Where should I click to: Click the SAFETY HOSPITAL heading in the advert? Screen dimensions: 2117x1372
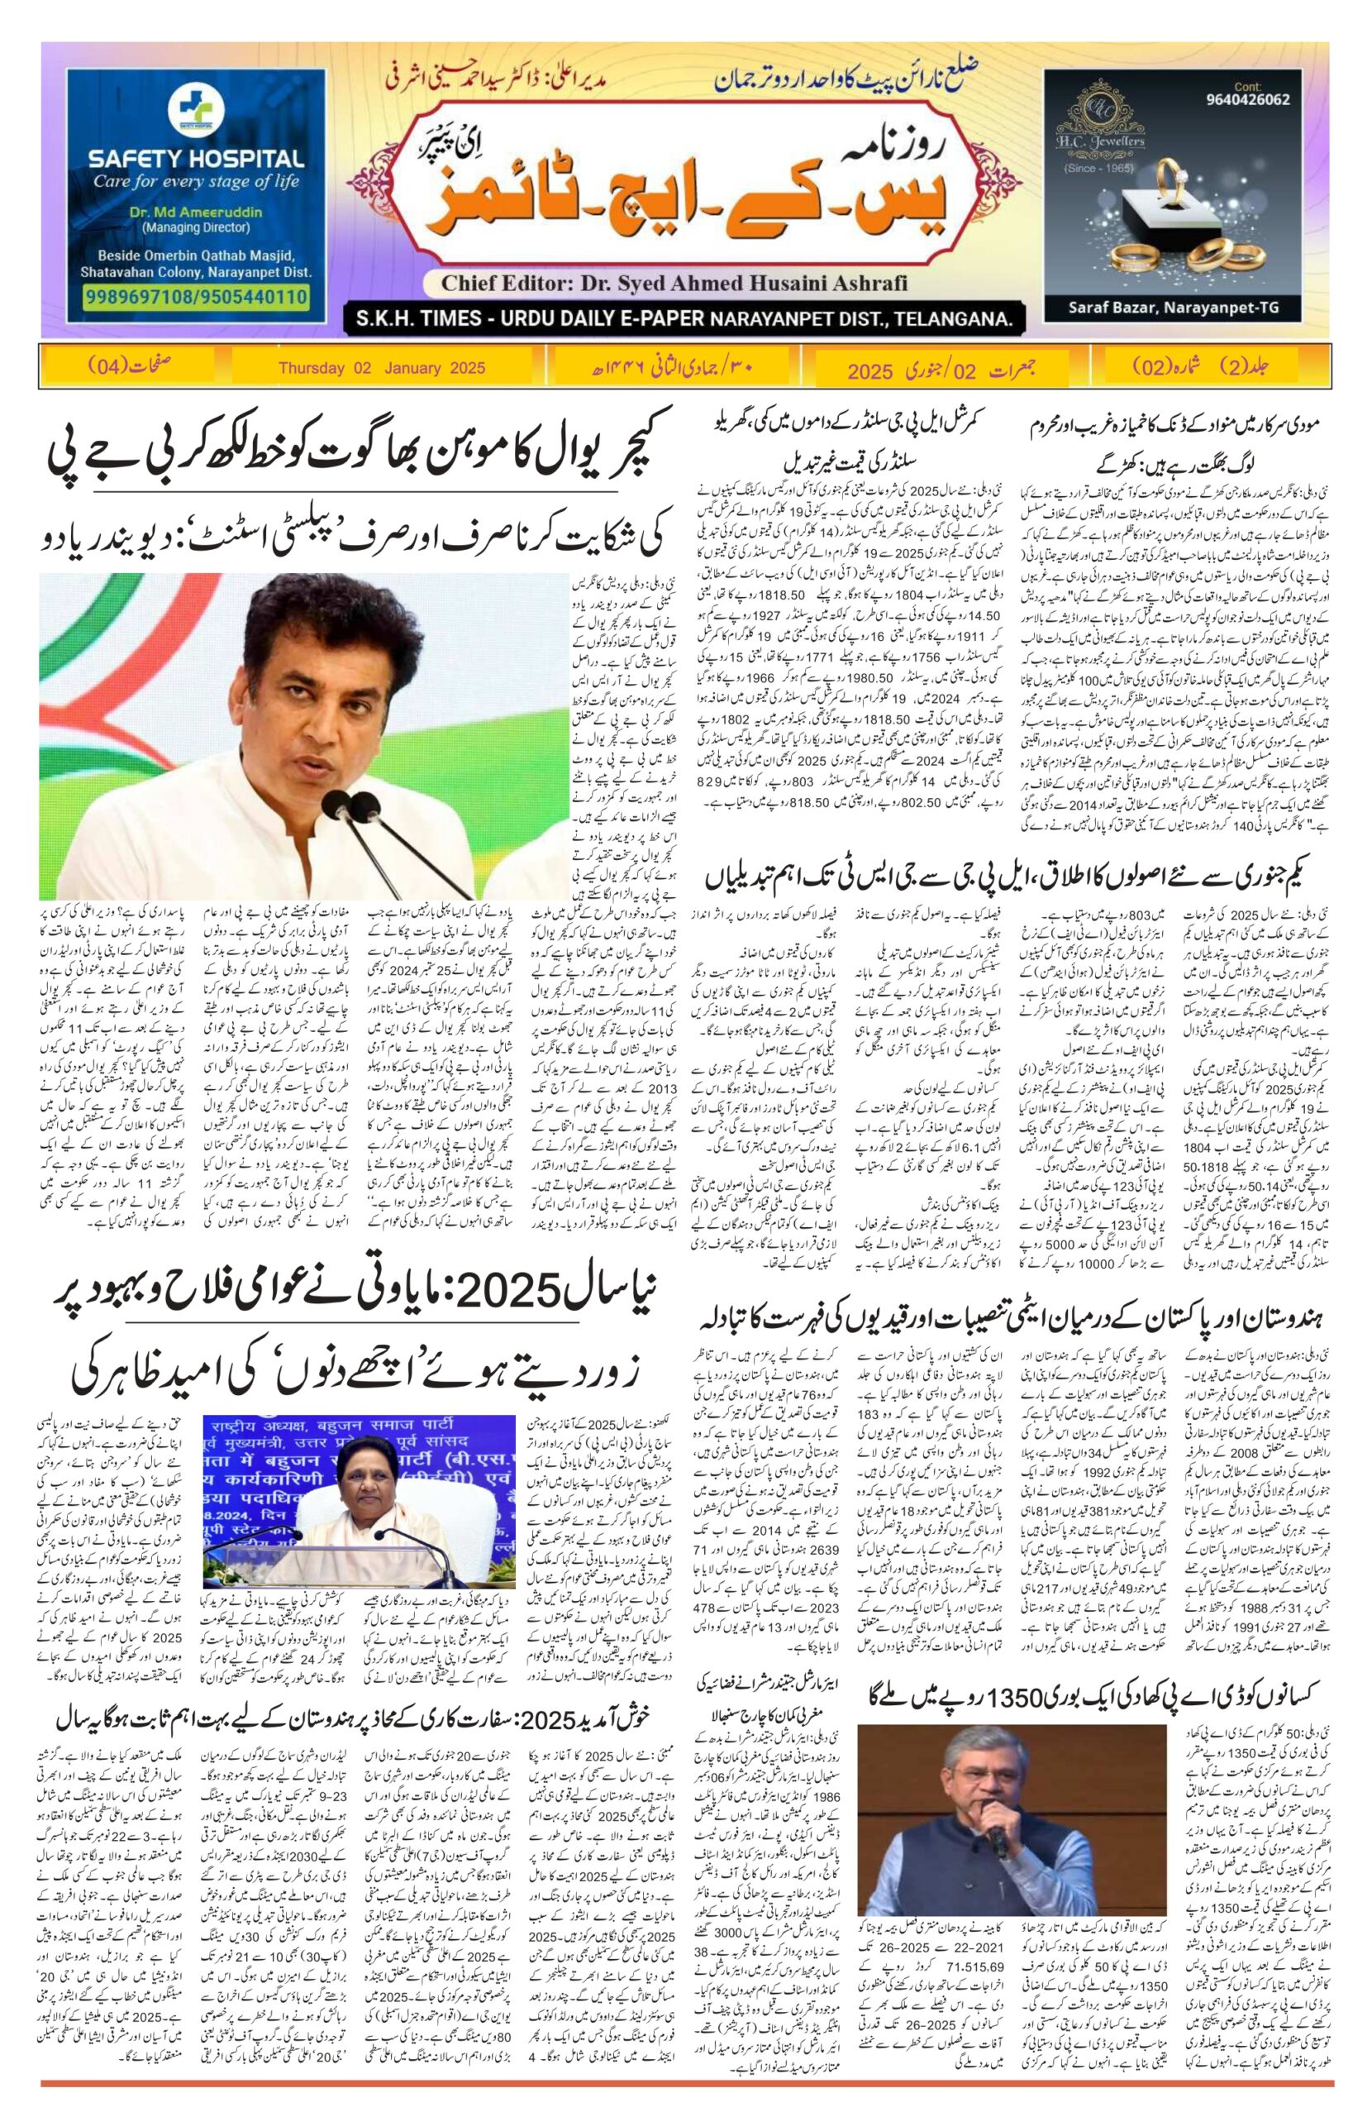click(x=196, y=160)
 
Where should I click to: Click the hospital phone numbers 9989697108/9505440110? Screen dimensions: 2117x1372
click(x=196, y=296)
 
